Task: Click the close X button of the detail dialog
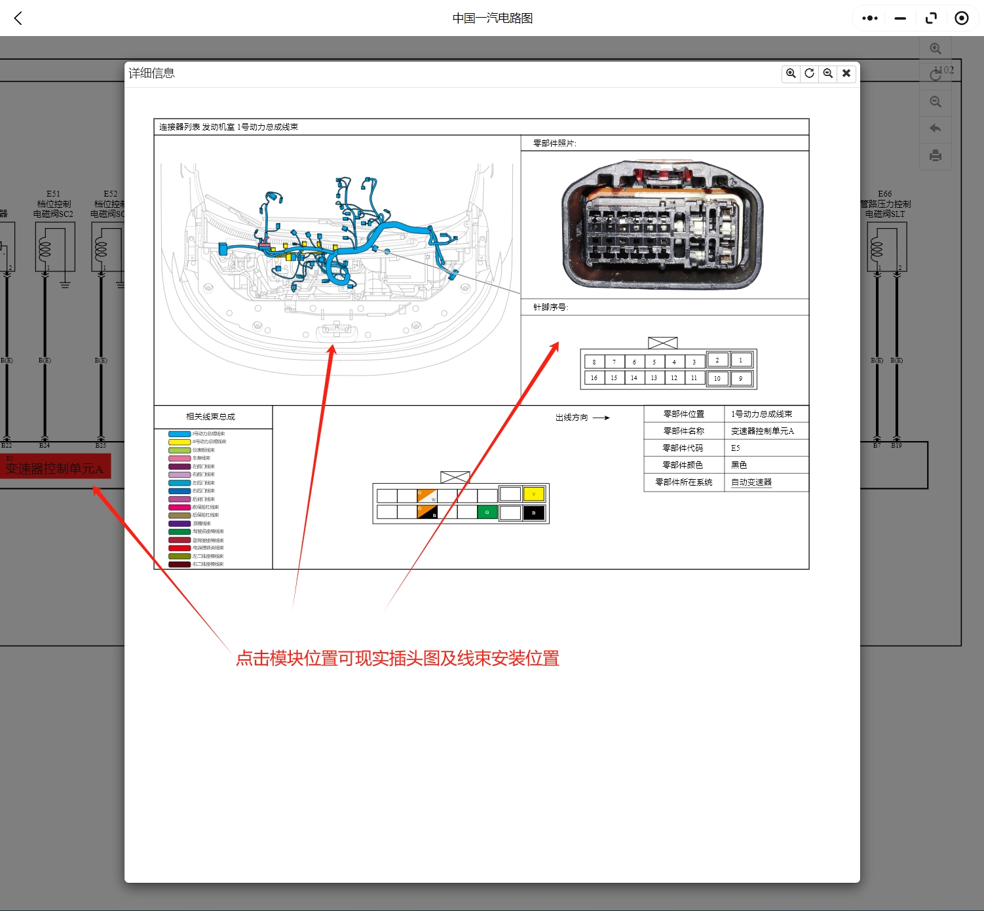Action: pos(846,73)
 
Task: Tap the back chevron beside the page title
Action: pos(18,18)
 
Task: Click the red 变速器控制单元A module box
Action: pos(55,467)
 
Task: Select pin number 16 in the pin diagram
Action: pos(594,378)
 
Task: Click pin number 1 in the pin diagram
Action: pos(741,360)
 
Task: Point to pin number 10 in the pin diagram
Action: pos(717,378)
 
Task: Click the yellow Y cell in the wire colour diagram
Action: pos(534,494)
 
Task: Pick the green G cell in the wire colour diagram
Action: pos(487,513)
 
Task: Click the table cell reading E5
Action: pos(736,448)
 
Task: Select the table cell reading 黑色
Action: pos(739,465)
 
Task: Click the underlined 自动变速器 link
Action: pos(751,482)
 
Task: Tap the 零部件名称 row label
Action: pos(683,431)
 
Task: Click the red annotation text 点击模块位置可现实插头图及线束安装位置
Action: pos(397,659)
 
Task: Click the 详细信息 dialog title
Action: pos(152,73)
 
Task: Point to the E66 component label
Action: pos(884,194)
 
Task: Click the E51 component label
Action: pos(53,194)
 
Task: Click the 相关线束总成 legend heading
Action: pos(210,417)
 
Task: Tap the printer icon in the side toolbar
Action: pos(936,155)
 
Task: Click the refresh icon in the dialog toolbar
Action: pos(810,73)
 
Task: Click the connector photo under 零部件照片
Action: pos(662,225)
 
